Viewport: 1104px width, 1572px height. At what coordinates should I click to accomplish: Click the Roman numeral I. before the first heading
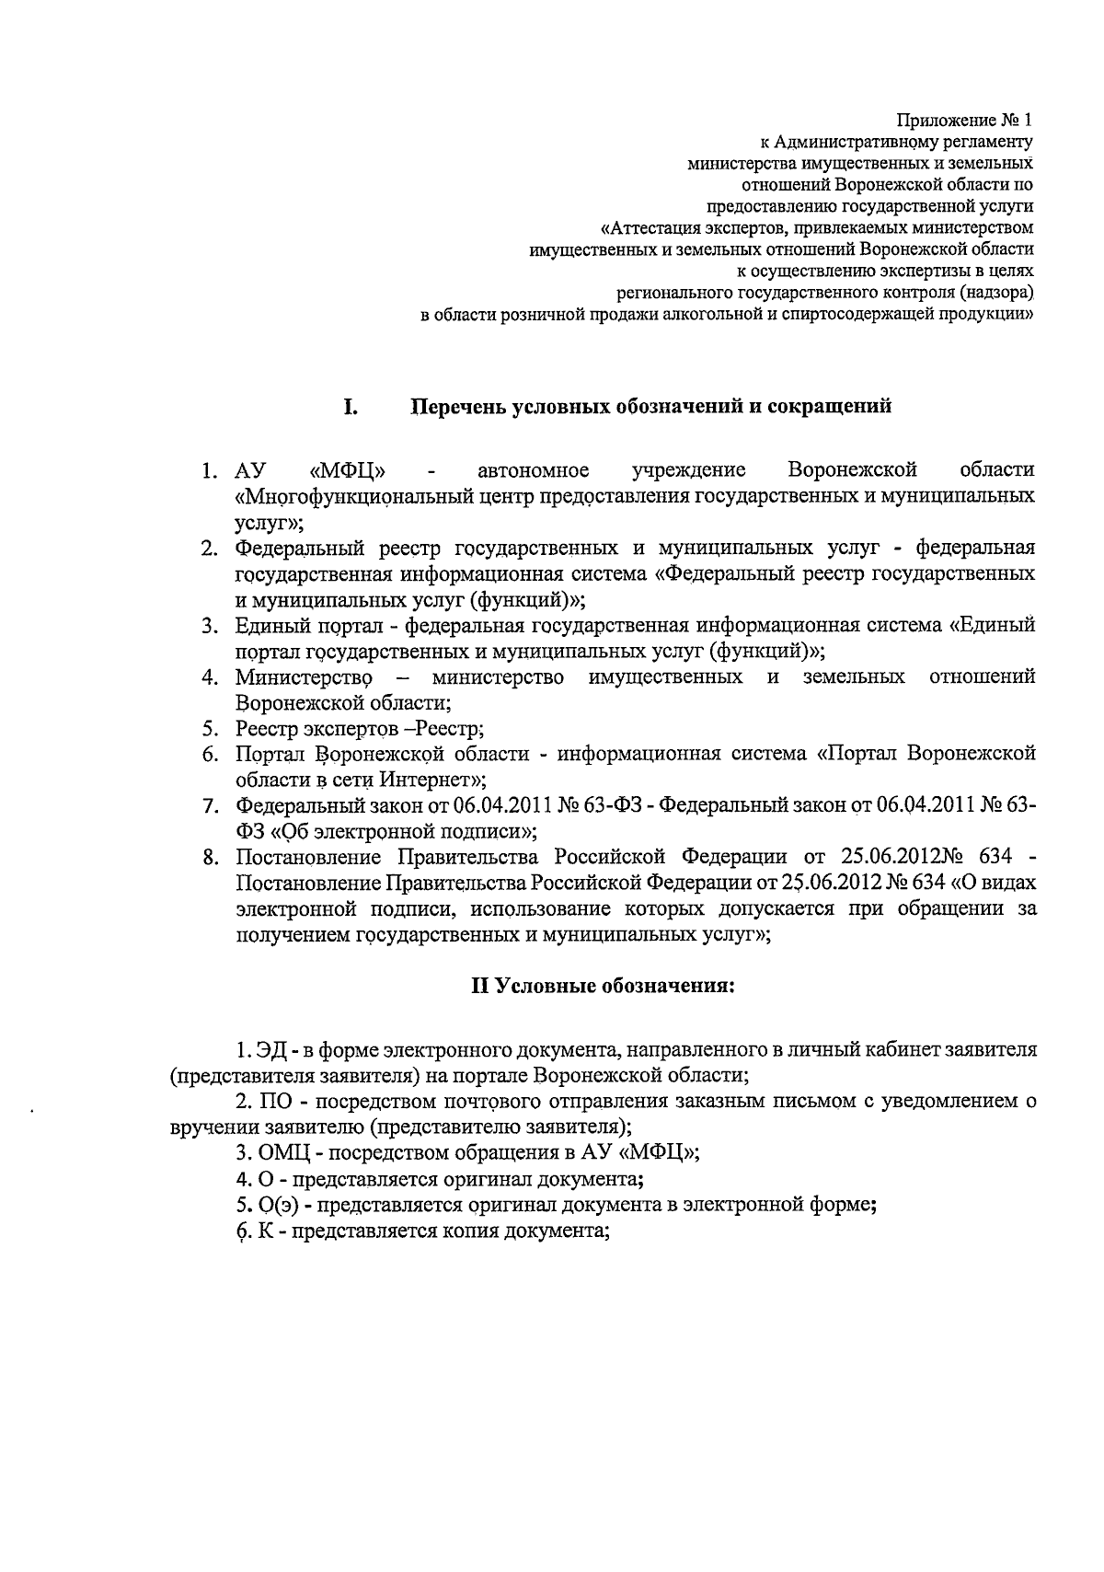coord(351,407)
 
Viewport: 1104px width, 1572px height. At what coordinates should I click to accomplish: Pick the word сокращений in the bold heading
coord(827,407)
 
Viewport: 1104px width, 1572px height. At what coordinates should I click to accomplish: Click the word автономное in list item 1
coord(534,471)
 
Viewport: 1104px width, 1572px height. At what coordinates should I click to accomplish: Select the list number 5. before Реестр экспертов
coord(211,729)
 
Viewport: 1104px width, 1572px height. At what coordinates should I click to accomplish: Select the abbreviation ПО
coord(275,1102)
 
